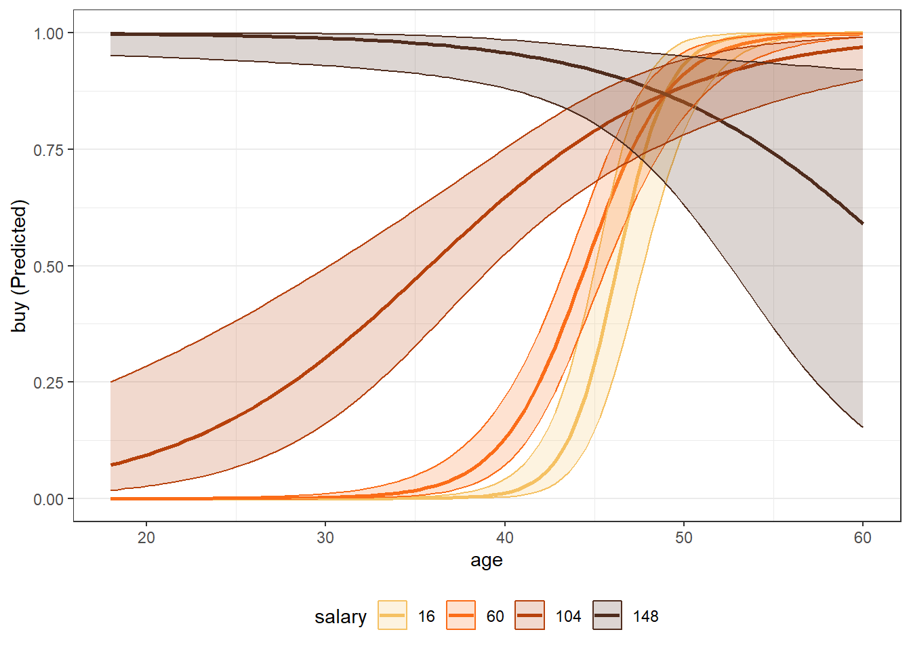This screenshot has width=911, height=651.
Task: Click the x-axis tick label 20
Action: pyautogui.click(x=146, y=538)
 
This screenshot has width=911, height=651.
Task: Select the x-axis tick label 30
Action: pyautogui.click(x=325, y=538)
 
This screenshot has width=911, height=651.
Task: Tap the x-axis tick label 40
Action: pyautogui.click(x=504, y=538)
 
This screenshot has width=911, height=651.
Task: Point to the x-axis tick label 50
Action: pyautogui.click(x=683, y=538)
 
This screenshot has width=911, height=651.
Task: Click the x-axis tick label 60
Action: pyautogui.click(x=862, y=538)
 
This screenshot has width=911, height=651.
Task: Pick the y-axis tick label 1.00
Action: pyautogui.click(x=49, y=33)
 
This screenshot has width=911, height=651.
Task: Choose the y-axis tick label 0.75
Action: pyautogui.click(x=49, y=150)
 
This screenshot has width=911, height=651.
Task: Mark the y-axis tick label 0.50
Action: pyautogui.click(x=49, y=267)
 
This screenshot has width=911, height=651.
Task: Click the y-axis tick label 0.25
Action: pyautogui.click(x=49, y=382)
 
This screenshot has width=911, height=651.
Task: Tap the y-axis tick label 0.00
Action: pyautogui.click(x=49, y=499)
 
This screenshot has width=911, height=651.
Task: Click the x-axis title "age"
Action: pyautogui.click(x=487, y=561)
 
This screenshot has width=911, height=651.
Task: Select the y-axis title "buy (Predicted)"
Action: pyautogui.click(x=20, y=266)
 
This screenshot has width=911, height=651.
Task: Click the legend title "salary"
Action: pyautogui.click(x=340, y=617)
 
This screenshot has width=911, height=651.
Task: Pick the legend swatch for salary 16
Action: pyautogui.click(x=392, y=616)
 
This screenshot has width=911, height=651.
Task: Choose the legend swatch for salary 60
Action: pyautogui.click(x=461, y=616)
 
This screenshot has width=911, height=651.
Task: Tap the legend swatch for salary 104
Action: pyautogui.click(x=529, y=616)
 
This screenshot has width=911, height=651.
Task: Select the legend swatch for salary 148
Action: pyautogui.click(x=607, y=616)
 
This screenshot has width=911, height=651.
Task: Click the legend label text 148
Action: pyautogui.click(x=645, y=616)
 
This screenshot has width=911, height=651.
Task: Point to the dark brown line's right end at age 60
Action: pyautogui.click(x=862, y=223)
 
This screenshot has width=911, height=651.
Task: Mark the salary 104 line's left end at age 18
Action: pyautogui.click(x=111, y=465)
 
